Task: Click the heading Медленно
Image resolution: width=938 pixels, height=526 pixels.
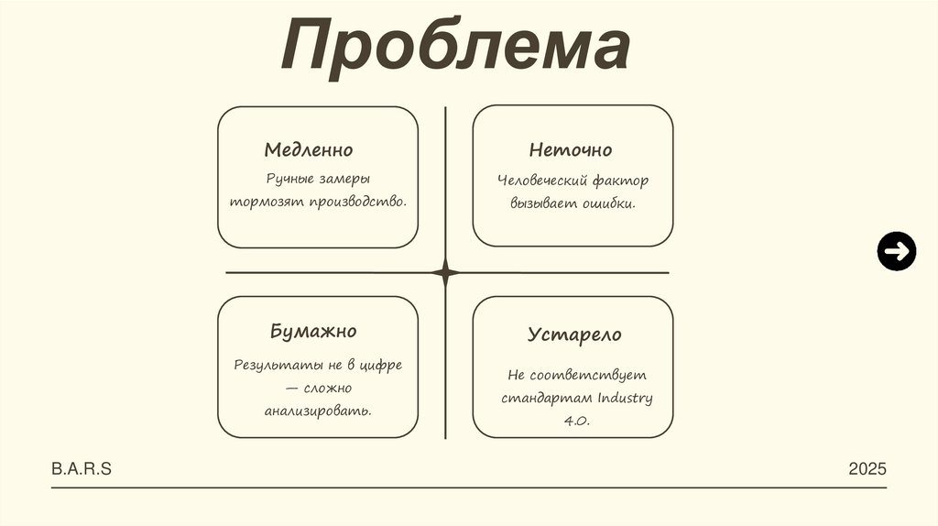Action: tap(309, 149)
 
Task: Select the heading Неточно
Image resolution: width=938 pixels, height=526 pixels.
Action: tap(570, 149)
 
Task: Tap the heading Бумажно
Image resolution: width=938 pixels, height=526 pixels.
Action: tap(313, 331)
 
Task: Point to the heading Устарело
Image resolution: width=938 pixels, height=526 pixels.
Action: tap(574, 334)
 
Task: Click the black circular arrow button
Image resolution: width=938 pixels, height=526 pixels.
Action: tap(896, 251)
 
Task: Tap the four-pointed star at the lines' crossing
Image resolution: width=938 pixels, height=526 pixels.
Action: tap(445, 272)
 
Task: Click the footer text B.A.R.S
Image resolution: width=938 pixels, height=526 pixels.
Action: tap(82, 469)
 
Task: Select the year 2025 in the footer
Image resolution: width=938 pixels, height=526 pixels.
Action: tap(867, 469)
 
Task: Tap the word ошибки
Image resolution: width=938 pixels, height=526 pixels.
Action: tap(608, 203)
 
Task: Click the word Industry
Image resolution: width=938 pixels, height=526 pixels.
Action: tap(625, 398)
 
